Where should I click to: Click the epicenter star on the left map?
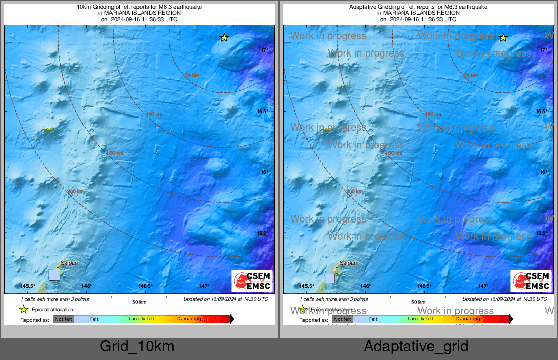point(224,37)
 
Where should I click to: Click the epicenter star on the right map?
point(503,37)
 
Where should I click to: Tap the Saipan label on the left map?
point(69,263)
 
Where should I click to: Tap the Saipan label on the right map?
point(348,263)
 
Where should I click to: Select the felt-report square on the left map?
point(54,275)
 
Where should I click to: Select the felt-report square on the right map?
point(330,278)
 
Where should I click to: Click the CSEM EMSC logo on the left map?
point(252,281)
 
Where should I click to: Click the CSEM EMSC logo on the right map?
point(531,281)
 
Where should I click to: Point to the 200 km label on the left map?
point(75,191)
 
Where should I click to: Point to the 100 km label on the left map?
point(154,114)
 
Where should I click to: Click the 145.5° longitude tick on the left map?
point(27,286)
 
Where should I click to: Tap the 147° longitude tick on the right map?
point(483,286)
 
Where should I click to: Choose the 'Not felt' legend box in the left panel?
point(64,319)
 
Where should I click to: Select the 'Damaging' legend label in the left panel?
point(189,319)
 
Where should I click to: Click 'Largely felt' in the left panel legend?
point(142,319)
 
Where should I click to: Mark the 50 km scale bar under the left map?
point(139,296)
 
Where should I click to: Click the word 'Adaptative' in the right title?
point(364,7)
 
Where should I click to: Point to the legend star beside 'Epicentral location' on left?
point(23,309)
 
